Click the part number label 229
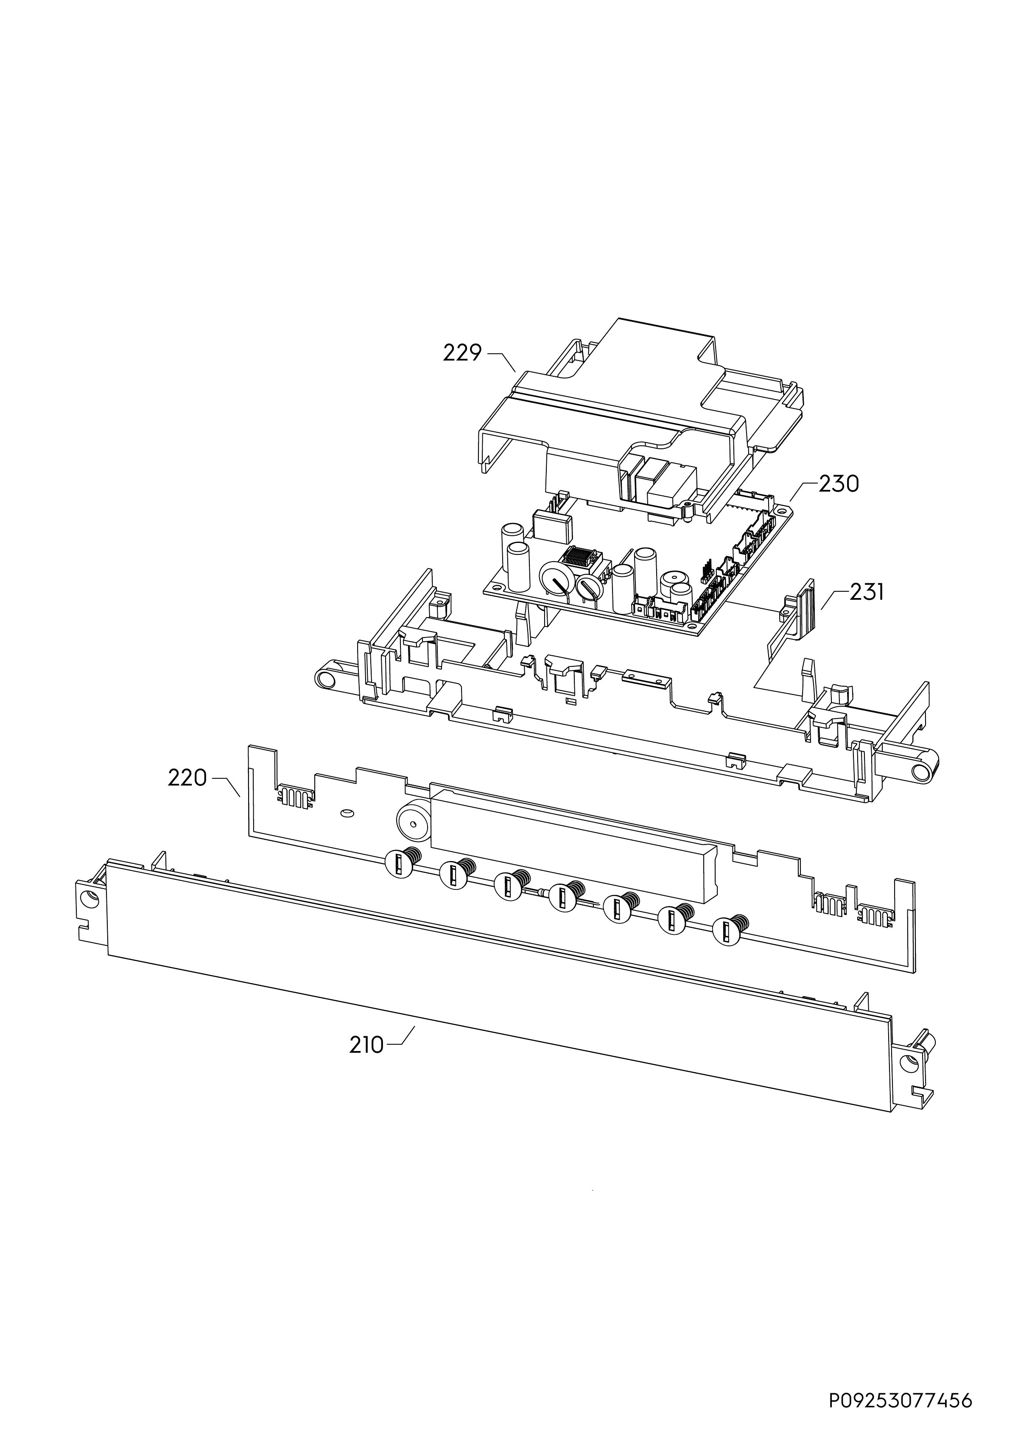pyautogui.click(x=462, y=353)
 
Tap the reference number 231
pyautogui.click(x=867, y=591)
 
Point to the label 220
pyautogui.click(x=187, y=778)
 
